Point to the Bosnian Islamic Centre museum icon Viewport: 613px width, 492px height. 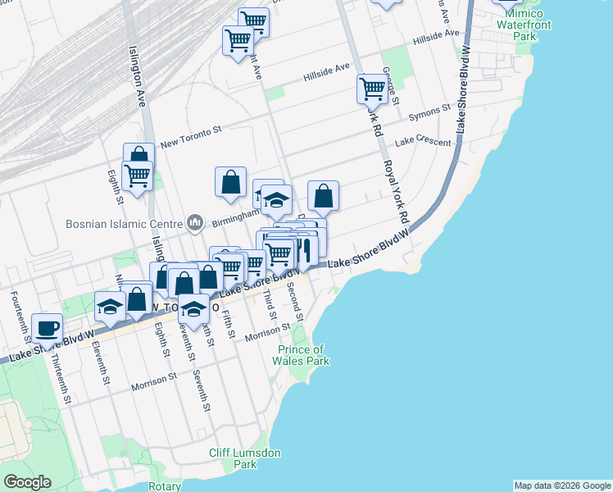click(x=195, y=222)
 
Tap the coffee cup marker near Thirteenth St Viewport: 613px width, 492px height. click(x=47, y=328)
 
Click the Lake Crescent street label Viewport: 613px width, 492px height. click(x=423, y=142)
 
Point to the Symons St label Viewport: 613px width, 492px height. click(x=430, y=108)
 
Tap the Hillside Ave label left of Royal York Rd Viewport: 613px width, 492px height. click(x=326, y=72)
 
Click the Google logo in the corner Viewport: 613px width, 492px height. click(x=27, y=482)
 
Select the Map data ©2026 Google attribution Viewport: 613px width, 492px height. click(x=562, y=485)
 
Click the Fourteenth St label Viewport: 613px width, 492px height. click(x=15, y=307)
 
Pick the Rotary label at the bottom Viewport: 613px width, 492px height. click(x=165, y=486)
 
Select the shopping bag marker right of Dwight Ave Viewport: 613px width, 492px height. click(x=324, y=196)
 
